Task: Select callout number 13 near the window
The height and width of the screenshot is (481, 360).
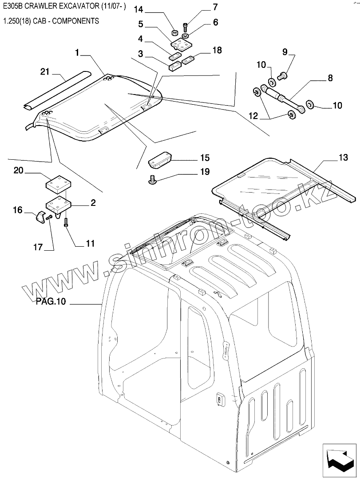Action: [343, 158]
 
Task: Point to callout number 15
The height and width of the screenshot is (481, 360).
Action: [204, 158]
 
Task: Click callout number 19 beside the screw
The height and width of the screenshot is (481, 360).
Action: [205, 172]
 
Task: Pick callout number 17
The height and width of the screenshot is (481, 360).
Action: [38, 248]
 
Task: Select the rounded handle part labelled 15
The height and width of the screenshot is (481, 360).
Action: [160, 160]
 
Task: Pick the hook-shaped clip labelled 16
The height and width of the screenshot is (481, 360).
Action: [40, 218]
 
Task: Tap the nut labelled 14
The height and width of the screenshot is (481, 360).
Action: [175, 33]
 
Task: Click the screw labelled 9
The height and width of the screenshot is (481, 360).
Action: [281, 77]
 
